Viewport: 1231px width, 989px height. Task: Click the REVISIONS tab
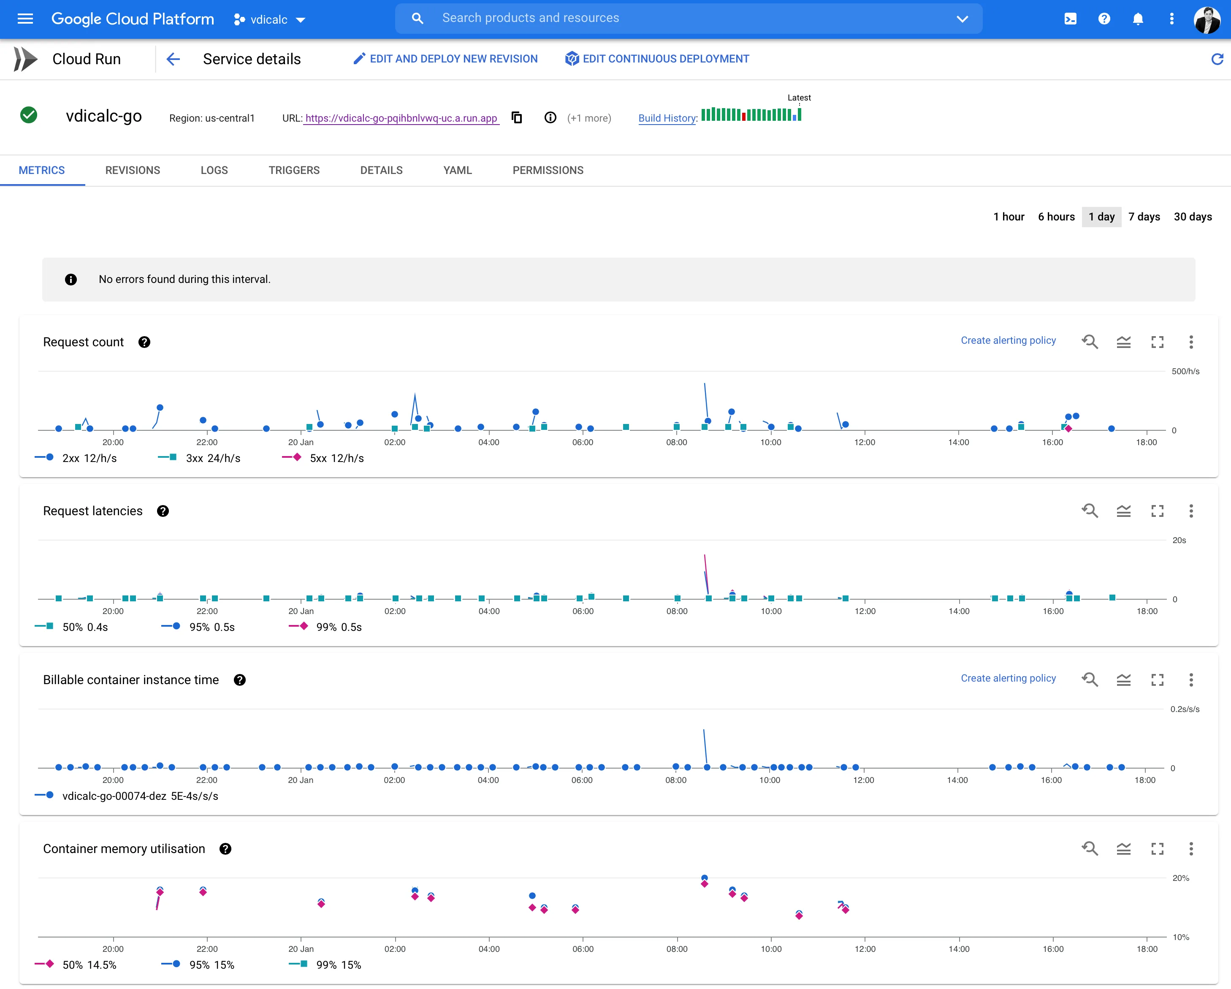point(133,170)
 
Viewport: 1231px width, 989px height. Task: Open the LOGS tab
point(214,170)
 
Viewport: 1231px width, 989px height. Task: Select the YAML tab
point(457,170)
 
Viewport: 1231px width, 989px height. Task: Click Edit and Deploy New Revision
point(445,59)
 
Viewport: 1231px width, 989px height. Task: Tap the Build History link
point(667,118)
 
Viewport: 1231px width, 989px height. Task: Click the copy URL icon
point(517,118)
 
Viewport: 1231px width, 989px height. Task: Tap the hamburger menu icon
point(25,19)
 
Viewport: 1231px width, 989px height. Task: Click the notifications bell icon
point(1138,19)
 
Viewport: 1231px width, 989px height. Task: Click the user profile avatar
point(1207,19)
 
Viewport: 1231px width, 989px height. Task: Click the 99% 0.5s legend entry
point(325,627)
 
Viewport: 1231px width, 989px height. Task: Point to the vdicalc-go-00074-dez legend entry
point(126,796)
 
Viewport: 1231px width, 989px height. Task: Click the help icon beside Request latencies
point(163,511)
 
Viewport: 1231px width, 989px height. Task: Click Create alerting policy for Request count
point(1009,340)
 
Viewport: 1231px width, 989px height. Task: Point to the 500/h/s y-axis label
point(1185,371)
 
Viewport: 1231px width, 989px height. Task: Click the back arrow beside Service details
point(173,59)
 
